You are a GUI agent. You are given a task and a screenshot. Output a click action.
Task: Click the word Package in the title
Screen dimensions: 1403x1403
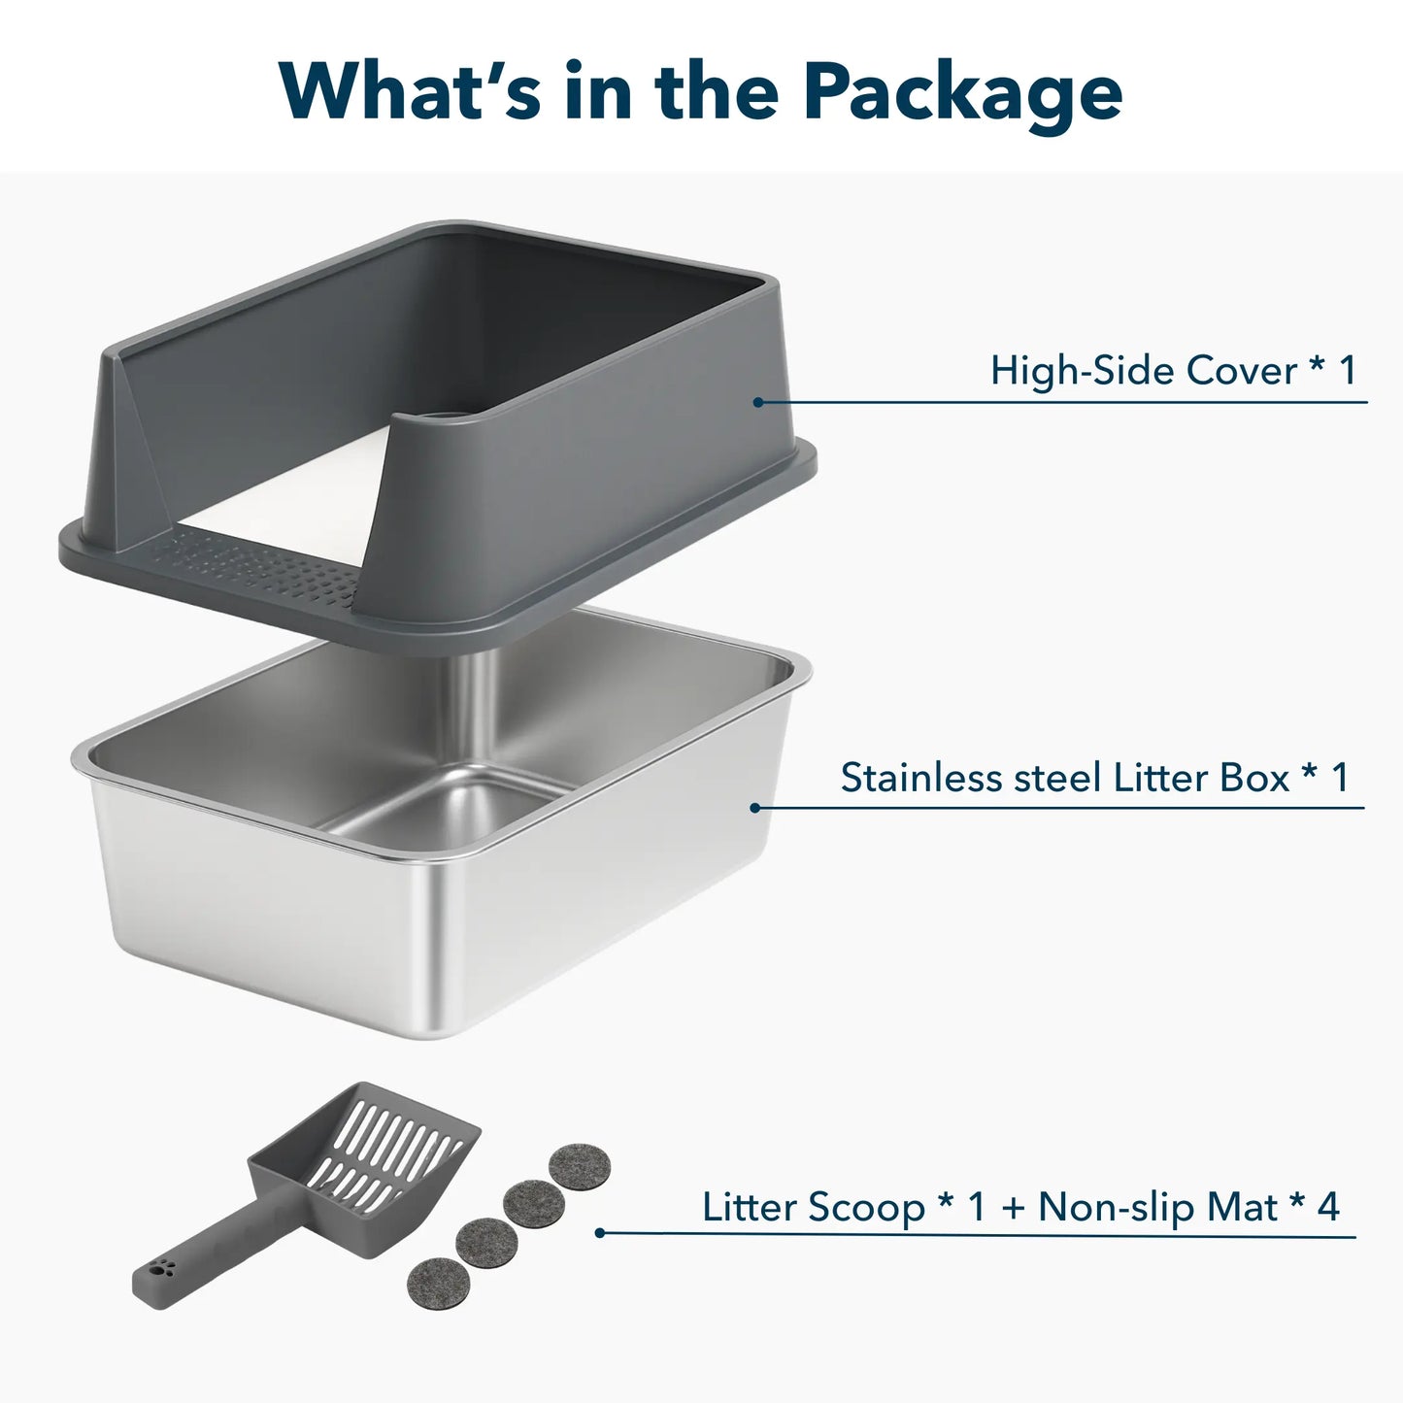click(x=962, y=92)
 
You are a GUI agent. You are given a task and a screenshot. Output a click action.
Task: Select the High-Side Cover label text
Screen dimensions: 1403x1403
click(x=1172, y=371)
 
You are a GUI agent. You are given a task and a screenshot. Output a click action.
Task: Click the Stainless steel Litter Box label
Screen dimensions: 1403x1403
click(x=1094, y=778)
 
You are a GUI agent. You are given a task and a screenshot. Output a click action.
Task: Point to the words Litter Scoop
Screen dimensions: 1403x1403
click(x=814, y=1208)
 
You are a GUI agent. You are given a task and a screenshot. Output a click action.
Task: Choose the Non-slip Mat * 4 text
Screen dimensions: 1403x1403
click(x=1188, y=1208)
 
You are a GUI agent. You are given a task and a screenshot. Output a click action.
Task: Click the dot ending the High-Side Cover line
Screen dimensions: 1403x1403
click(x=757, y=402)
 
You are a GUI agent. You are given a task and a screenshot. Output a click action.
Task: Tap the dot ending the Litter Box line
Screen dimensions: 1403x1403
click(x=755, y=808)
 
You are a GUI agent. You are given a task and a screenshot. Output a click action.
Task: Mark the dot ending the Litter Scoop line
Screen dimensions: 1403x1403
click(x=600, y=1233)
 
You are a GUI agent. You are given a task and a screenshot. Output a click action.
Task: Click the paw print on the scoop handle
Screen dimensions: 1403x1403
click(x=164, y=1266)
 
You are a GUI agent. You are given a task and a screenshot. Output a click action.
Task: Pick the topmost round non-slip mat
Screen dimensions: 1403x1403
click(x=580, y=1164)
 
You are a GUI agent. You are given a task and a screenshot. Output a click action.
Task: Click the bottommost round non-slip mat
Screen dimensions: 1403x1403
click(x=439, y=1281)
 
